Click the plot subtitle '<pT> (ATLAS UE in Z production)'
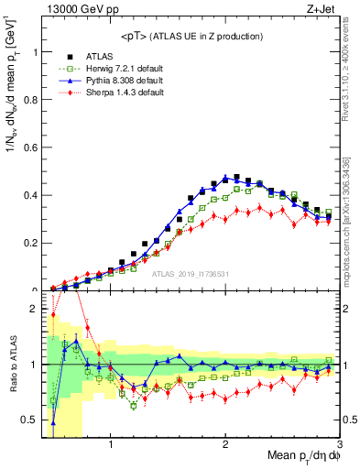click(x=192, y=36)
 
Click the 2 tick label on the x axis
click(x=225, y=446)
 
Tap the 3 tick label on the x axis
click(x=339, y=446)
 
